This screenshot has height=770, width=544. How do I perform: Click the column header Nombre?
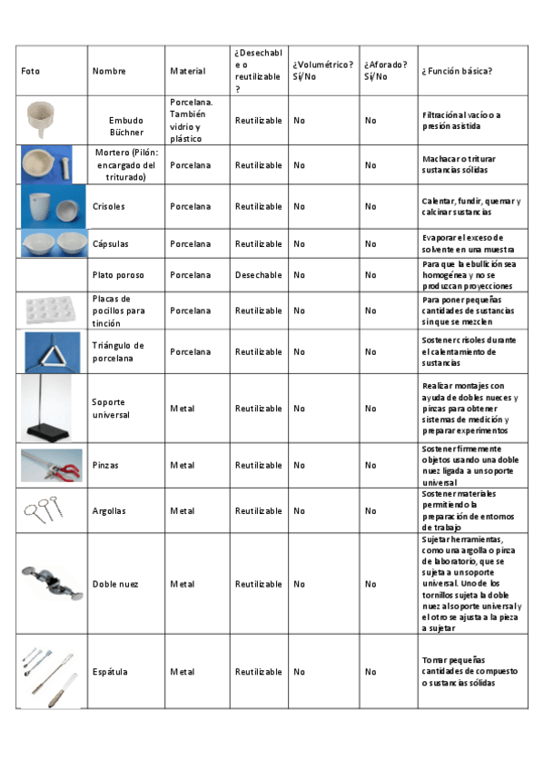[x=109, y=71]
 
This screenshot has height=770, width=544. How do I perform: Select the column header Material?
[x=187, y=71]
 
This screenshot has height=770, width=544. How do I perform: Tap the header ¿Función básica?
[x=456, y=71]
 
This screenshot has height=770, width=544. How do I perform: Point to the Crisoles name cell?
[x=109, y=206]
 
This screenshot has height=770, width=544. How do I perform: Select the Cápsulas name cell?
[x=111, y=243]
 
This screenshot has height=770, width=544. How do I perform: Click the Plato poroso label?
[x=115, y=274]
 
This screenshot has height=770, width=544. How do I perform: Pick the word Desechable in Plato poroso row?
[x=258, y=274]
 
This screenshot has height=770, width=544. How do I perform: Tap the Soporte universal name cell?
[x=111, y=409]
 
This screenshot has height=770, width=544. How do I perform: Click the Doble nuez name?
[x=115, y=584]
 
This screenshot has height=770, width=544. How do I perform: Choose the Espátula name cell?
[x=110, y=672]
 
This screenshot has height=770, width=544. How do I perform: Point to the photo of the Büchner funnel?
[x=46, y=119]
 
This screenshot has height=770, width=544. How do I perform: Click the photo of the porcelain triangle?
[x=52, y=351]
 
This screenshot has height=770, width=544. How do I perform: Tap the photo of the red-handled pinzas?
[x=52, y=465]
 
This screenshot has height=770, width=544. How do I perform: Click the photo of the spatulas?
[x=52, y=672]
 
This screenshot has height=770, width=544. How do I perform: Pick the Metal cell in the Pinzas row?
[x=183, y=465]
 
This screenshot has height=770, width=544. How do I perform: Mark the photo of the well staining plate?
[x=52, y=310]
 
